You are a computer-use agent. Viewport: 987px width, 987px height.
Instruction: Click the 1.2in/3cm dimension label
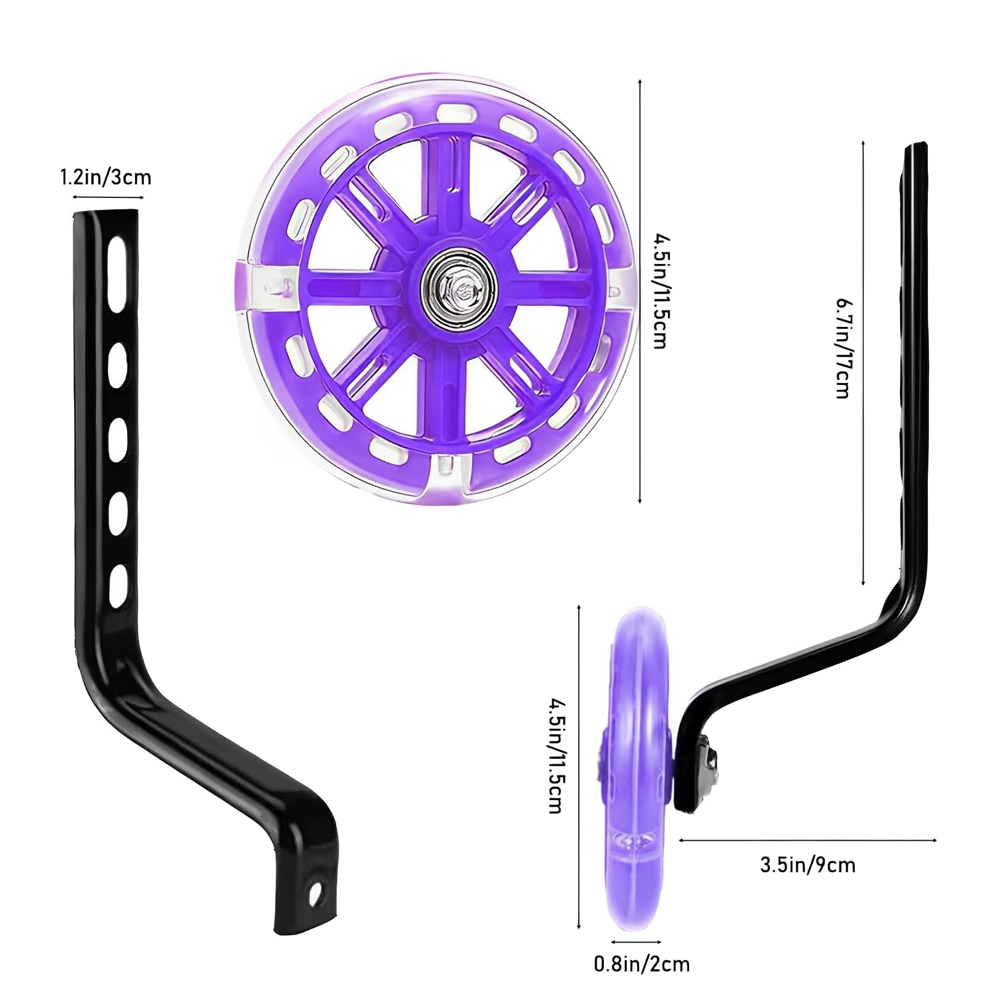coord(105,178)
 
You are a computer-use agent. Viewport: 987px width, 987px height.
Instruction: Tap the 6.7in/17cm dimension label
coord(843,348)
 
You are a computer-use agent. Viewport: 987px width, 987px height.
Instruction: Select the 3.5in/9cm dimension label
coord(807,865)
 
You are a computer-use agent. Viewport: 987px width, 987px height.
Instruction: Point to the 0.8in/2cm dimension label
coord(642,964)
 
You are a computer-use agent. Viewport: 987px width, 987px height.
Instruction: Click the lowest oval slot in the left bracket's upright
coord(118,580)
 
